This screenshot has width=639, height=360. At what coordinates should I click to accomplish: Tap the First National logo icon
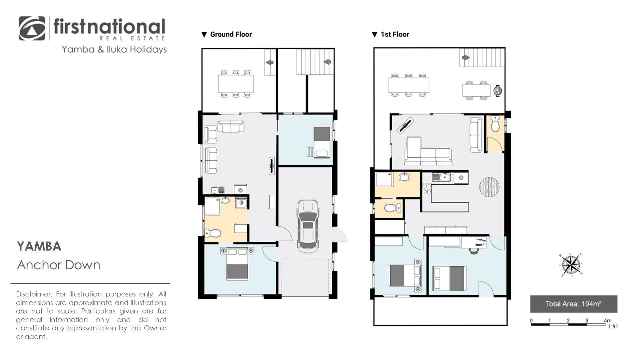(32, 29)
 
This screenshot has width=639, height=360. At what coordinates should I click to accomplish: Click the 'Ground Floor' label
(231, 34)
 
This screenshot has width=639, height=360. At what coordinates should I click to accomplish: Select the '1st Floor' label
(395, 34)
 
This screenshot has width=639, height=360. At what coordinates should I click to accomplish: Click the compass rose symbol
(571, 265)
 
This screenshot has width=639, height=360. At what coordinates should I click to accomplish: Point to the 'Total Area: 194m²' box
(573, 304)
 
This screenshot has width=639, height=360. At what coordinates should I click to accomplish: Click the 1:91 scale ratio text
(613, 327)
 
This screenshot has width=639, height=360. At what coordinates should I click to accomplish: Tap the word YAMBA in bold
(39, 247)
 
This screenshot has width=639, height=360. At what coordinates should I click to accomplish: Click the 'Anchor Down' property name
(59, 265)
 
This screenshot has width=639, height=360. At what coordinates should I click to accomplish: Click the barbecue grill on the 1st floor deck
(498, 90)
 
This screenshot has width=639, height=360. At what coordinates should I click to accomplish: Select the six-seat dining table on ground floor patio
(236, 84)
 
